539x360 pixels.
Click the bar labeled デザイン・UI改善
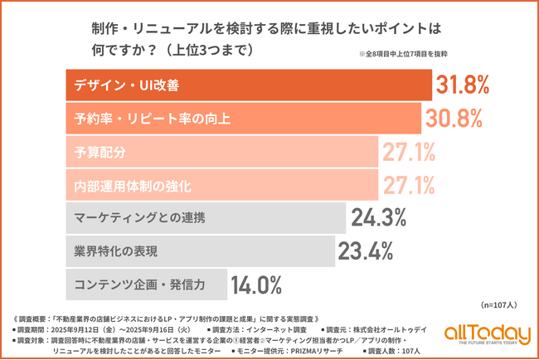click(x=248, y=85)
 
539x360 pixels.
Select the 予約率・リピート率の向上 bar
click(x=244, y=119)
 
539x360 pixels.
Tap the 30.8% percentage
click(x=455, y=119)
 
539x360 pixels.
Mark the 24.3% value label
click(x=379, y=218)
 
